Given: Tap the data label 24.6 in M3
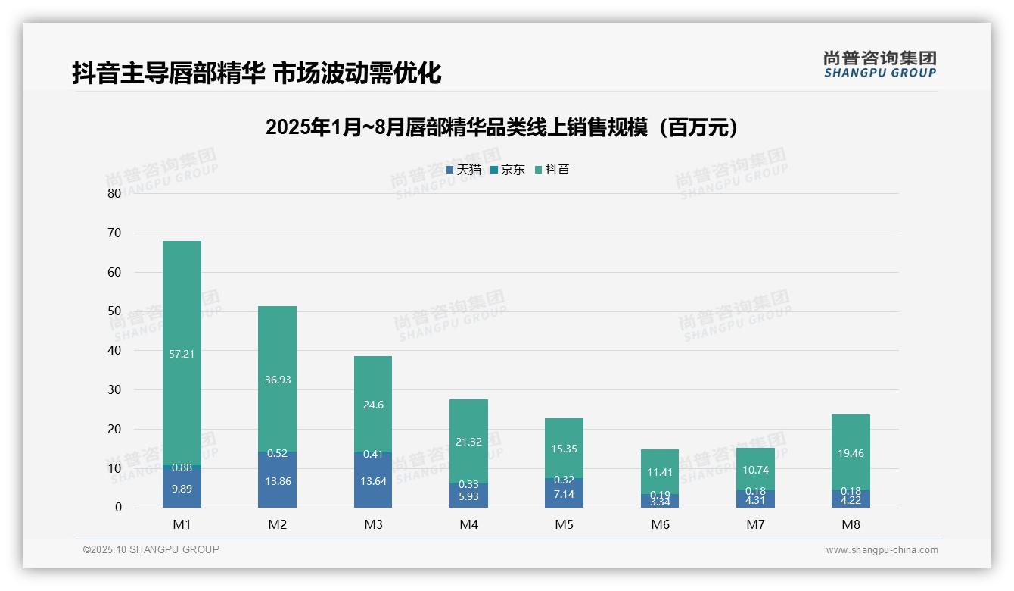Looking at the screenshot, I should tap(373, 405).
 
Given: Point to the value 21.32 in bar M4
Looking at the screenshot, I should tap(468, 442).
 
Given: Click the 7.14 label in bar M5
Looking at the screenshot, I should tap(564, 494).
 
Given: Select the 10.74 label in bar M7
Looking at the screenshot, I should tap(755, 470).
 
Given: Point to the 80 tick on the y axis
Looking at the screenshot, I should tap(114, 193).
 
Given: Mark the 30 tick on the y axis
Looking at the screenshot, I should tap(114, 389).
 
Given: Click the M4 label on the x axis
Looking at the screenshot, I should tap(468, 524).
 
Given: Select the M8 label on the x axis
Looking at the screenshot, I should tap(851, 524).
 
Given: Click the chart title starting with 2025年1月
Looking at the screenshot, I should tap(502, 127).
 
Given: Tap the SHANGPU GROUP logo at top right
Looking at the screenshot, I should tap(879, 64).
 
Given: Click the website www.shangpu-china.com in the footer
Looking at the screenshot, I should tap(882, 550).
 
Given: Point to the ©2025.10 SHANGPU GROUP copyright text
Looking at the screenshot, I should tap(151, 549).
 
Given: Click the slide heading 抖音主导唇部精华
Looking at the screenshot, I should tap(257, 73).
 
